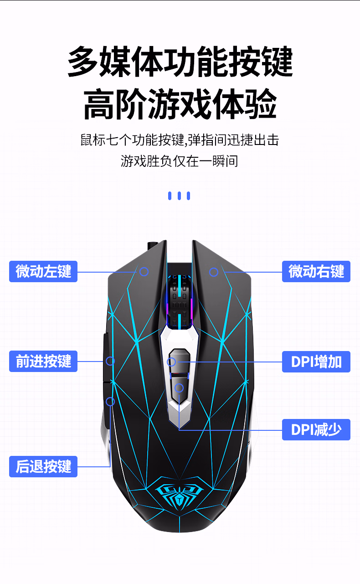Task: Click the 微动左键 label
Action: point(43,272)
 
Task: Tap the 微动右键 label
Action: point(316,272)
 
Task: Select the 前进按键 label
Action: point(43,362)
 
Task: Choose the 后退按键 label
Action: point(43,466)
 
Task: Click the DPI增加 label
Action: point(316,362)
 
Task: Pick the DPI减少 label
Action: point(316,429)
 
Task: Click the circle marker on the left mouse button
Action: point(144,272)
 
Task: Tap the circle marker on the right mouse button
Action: point(214,272)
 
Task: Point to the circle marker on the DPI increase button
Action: point(171,362)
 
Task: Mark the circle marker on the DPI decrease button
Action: point(179,388)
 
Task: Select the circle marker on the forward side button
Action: point(110,361)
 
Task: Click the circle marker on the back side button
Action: point(110,401)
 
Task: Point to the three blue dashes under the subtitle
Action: point(179,196)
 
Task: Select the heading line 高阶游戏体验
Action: point(180,105)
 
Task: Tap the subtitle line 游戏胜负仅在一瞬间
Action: point(180,161)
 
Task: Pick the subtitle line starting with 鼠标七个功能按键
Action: point(180,140)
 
